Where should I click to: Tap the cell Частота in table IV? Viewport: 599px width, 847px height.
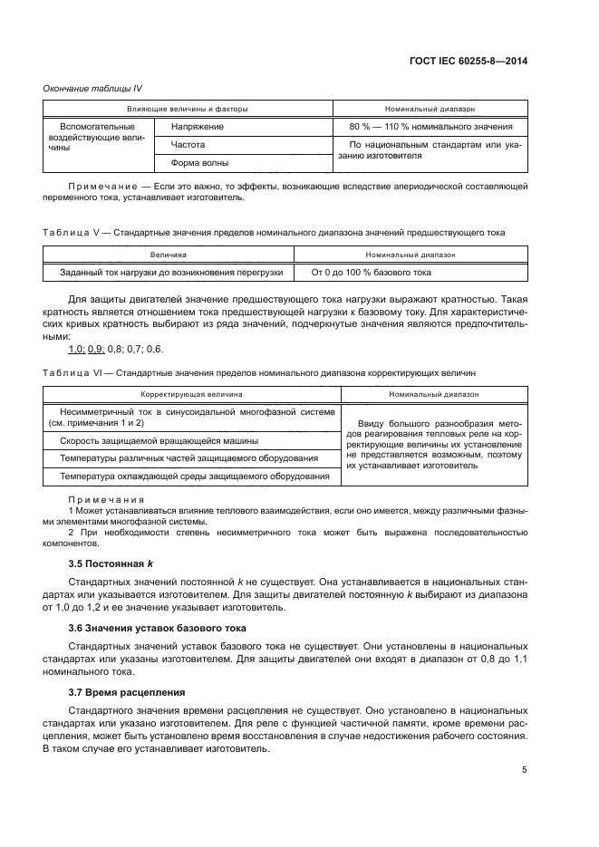click(188, 144)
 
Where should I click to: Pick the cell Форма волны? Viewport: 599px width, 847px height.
click(199, 163)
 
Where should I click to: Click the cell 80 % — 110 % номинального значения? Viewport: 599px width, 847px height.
click(431, 127)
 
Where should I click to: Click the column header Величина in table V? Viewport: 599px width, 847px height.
click(169, 255)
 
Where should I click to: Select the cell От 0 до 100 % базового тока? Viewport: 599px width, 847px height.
click(372, 272)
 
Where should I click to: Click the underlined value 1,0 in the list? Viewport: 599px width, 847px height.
click(77, 349)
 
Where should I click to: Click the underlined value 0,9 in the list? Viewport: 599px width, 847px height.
click(98, 349)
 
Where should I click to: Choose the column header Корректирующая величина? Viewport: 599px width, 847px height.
click(190, 395)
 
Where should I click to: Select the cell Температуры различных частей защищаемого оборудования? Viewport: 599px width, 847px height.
click(188, 458)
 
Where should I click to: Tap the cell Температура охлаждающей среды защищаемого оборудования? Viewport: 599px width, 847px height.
click(194, 476)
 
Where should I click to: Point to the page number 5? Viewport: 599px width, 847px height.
click(525, 770)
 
